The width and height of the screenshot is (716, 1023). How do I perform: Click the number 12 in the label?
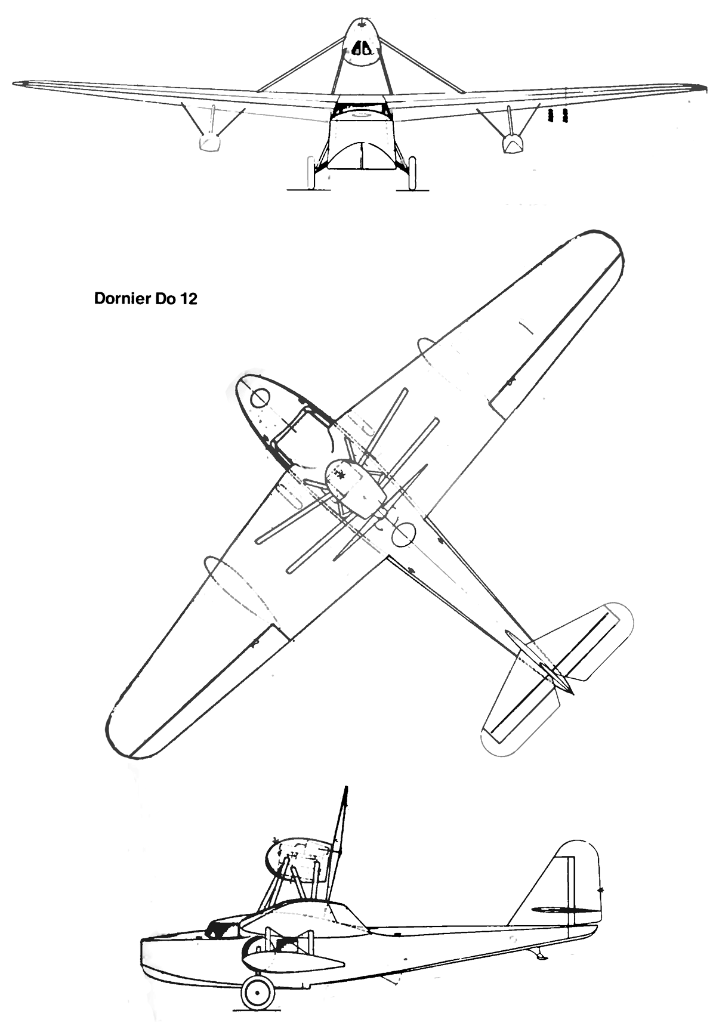(188, 299)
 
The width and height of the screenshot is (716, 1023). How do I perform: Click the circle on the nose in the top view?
(260, 397)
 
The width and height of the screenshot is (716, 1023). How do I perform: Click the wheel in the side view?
(258, 993)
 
